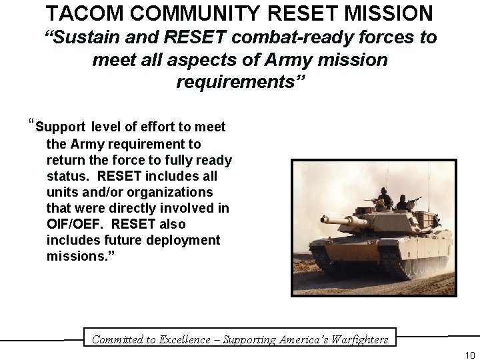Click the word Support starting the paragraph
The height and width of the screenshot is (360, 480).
tap(61, 127)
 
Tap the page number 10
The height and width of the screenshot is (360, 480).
tap(470, 355)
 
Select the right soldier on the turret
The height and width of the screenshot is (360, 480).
tap(403, 201)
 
